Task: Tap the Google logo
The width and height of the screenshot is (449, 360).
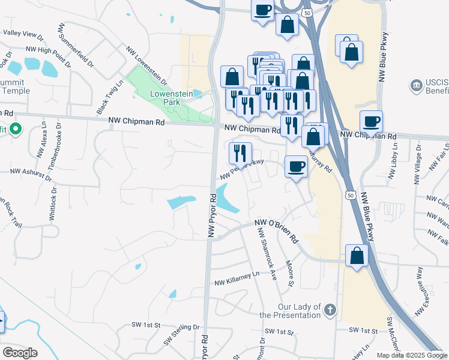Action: coord(20,353)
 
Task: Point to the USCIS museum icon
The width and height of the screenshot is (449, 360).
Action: coord(416,86)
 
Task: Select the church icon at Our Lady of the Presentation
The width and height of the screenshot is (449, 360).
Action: coord(330,310)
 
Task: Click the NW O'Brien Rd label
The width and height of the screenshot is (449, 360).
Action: coord(276,230)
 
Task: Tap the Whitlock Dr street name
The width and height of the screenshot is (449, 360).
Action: coord(53,206)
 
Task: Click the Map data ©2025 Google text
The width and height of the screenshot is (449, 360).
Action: coord(412,355)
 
